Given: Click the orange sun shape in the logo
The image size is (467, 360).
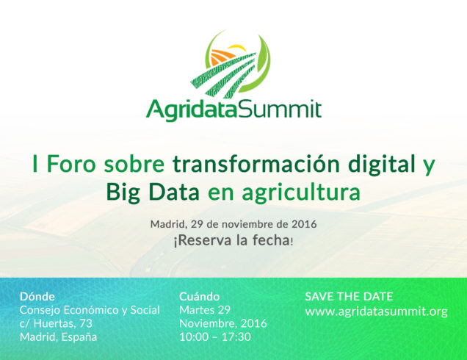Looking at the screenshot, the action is [222, 57].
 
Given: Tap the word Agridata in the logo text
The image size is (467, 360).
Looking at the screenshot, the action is [191, 110].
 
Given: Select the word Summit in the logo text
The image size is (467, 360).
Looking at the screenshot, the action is [280, 109].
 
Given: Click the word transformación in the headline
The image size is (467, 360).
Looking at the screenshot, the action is [256, 164].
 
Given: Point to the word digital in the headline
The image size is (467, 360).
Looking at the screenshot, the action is [382, 165].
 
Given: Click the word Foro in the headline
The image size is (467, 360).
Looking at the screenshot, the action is [71, 165].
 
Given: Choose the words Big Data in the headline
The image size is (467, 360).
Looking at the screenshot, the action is [153, 192].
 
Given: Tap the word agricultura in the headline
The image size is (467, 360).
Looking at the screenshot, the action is [301, 192].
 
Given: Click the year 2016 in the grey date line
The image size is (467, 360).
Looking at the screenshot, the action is [304, 224].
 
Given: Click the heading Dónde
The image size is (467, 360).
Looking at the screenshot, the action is [37, 297].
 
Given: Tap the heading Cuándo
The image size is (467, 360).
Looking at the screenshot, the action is [200, 297].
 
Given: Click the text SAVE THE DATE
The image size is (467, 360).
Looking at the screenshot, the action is [349, 297].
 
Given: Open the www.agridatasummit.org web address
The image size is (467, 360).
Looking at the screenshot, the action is [377, 312].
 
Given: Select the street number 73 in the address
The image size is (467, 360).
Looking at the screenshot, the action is [86, 323].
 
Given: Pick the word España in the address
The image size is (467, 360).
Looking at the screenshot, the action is [79, 337].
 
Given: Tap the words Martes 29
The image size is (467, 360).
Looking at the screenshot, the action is [205, 310].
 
